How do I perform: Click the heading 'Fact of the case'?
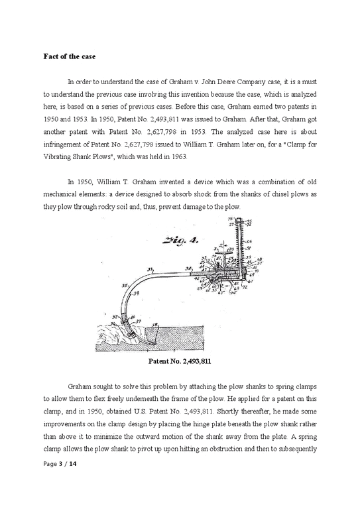click(65, 56)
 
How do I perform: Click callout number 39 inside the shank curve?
click(136, 293)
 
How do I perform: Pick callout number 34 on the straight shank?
click(188, 269)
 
